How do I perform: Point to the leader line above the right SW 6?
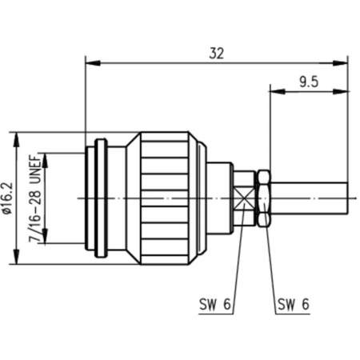pos(267,256)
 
